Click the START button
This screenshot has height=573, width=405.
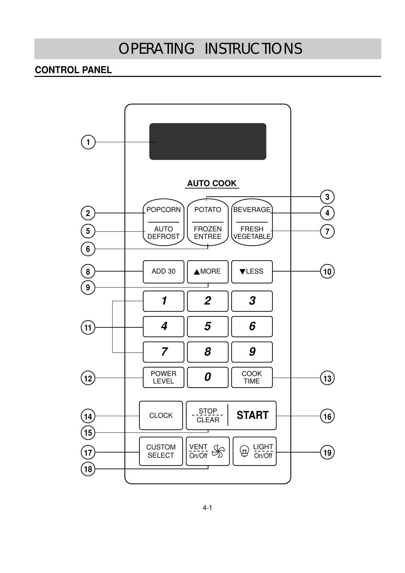252,415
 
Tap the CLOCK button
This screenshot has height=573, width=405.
161,415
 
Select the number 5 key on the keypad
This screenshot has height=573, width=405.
207,326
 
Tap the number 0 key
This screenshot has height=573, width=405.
207,377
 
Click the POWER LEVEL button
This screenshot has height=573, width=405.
163,377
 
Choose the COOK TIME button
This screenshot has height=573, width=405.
252,377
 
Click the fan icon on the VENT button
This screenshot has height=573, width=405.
218,452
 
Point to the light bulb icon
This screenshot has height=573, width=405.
244,451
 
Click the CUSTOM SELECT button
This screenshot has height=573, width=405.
161,451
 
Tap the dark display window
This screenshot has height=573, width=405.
207,141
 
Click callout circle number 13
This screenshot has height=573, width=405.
327,378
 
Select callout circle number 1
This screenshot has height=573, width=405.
88,142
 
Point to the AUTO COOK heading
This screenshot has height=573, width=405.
212,183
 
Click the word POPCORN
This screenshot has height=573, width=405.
163,210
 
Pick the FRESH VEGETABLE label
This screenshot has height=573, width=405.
252,233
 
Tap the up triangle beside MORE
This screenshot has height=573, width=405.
197,272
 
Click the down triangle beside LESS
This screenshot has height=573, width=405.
242,272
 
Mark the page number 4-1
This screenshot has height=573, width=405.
207,508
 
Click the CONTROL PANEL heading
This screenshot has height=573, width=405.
73,70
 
